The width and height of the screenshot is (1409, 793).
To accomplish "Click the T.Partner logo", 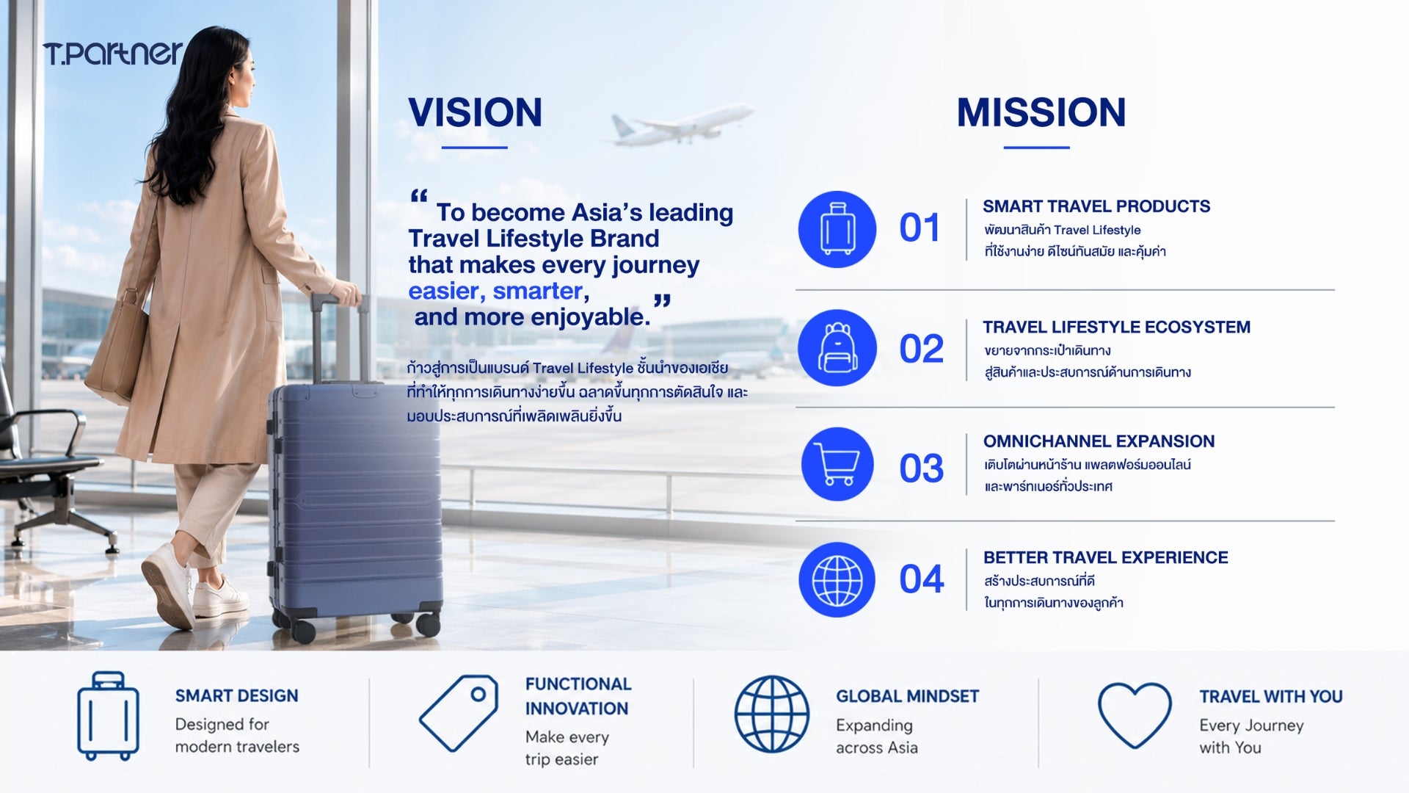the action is click(112, 54).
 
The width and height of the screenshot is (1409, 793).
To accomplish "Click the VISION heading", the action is click(475, 112).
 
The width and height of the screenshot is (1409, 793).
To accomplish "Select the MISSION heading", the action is click(1041, 112).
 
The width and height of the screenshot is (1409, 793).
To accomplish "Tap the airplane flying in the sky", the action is click(681, 124).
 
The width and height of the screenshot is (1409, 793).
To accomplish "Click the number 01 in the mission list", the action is click(920, 228).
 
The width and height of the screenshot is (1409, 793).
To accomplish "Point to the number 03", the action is click(921, 468).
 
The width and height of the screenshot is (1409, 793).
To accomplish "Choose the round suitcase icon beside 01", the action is click(837, 229).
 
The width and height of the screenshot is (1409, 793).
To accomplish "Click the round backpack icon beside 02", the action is click(837, 347).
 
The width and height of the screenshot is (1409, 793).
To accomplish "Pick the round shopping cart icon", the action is click(837, 464).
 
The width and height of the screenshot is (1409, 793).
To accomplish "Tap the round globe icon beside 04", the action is click(837, 579).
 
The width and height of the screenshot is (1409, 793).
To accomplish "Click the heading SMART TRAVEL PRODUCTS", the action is click(1096, 206).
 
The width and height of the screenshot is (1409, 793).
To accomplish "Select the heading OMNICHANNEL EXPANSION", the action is click(1099, 441).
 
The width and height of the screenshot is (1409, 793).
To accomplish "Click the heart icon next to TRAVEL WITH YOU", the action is click(1135, 714).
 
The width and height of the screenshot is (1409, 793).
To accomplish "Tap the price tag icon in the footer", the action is click(459, 712).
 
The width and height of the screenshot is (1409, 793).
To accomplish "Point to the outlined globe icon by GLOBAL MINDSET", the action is click(772, 714).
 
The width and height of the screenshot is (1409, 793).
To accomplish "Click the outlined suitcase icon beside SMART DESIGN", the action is click(108, 716).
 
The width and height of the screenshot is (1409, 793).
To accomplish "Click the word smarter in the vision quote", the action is click(537, 291).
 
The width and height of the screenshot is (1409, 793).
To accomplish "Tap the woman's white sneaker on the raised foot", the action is click(170, 584).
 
